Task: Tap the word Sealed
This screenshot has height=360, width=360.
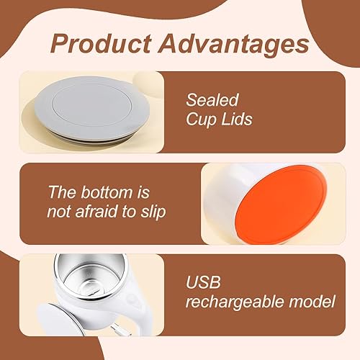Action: click(x=212, y=101)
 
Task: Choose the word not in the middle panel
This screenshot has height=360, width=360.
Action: click(x=60, y=211)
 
